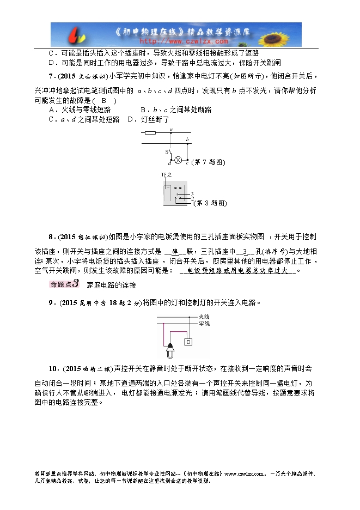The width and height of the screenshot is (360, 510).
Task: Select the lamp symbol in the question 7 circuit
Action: click(x=178, y=162)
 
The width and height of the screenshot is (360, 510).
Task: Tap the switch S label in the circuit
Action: click(x=166, y=150)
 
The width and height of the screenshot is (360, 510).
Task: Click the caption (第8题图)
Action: click(x=210, y=203)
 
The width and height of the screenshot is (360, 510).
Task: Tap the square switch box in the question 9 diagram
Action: click(x=188, y=342)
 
